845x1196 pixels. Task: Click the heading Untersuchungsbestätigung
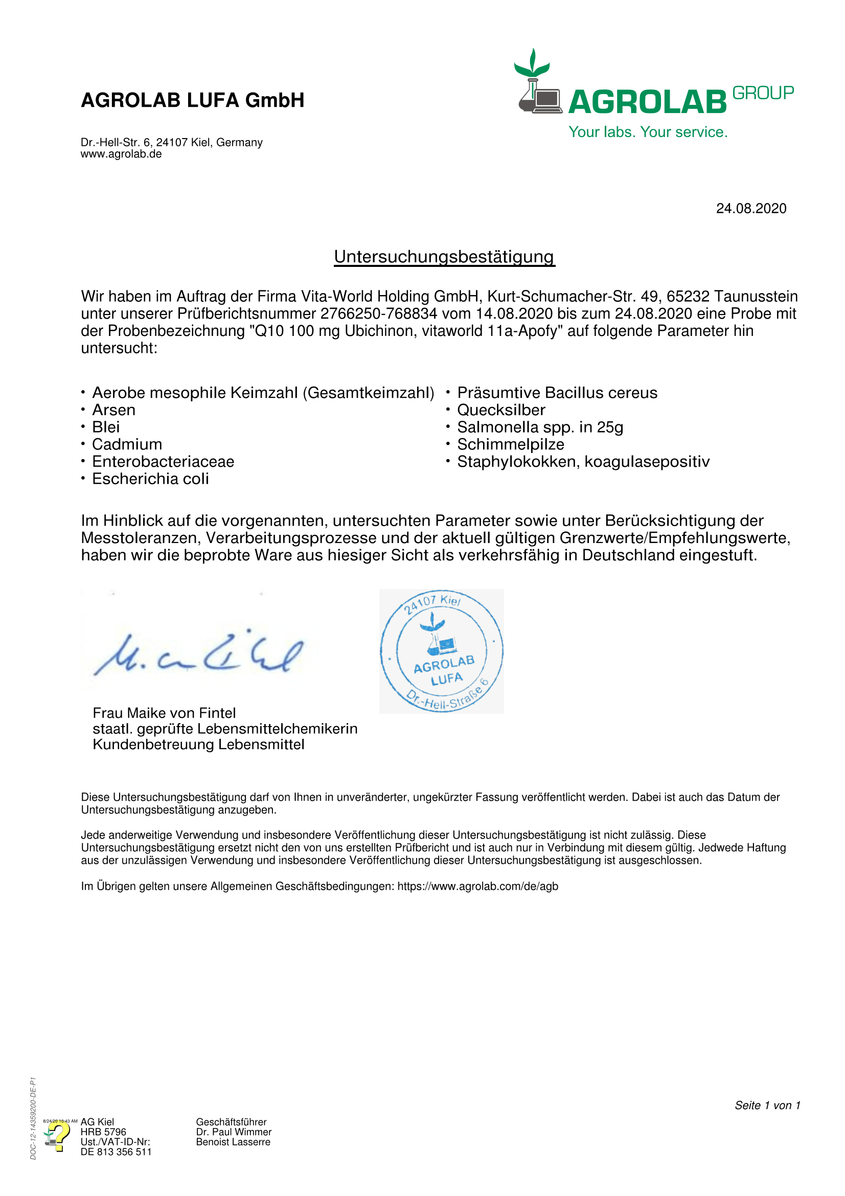[444, 257]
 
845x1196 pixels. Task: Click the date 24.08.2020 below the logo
[751, 208]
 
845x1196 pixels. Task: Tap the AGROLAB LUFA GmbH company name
[193, 100]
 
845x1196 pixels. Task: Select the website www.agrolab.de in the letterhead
[121, 154]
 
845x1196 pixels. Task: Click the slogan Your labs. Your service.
[648, 132]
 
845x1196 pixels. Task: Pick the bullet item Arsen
[113, 410]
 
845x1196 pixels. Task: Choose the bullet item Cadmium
[127, 444]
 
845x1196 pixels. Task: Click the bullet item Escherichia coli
[150, 479]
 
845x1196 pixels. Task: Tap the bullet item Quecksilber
[501, 410]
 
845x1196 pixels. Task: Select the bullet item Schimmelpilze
[510, 444]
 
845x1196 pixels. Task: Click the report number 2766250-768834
[378, 313]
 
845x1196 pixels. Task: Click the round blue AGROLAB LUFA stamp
[442, 651]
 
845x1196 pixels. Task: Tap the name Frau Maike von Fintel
[164, 713]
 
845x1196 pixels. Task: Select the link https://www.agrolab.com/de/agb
[477, 886]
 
